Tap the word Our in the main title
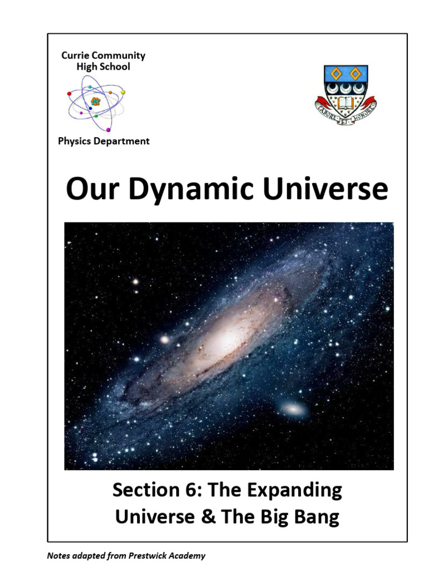(x=89, y=190)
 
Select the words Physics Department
(x=104, y=141)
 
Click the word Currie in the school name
(x=76, y=56)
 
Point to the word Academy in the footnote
(x=188, y=555)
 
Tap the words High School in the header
(x=104, y=66)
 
